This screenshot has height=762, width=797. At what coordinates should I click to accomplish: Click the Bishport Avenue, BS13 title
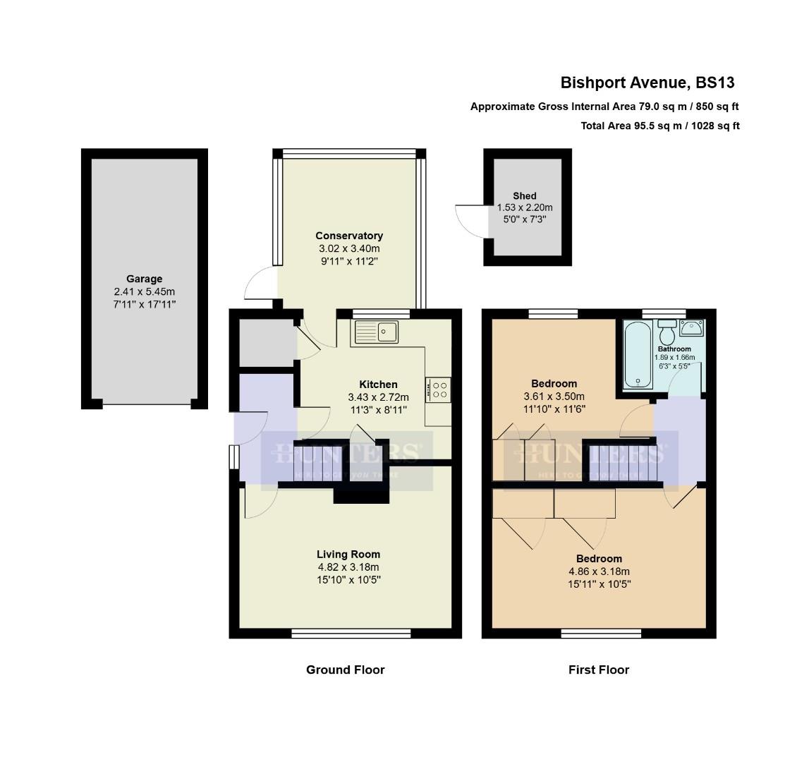[647, 83]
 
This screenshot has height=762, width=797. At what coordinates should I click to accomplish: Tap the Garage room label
[144, 279]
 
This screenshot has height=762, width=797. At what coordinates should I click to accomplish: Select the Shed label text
[525, 195]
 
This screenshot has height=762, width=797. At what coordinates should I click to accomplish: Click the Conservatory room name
[349, 236]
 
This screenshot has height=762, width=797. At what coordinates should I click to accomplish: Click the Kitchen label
[378, 385]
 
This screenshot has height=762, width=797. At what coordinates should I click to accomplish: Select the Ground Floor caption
[345, 670]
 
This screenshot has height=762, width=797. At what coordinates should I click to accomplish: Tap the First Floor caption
[598, 670]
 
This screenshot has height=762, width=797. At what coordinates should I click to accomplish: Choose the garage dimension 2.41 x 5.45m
[144, 291]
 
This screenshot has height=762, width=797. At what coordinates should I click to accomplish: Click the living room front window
[351, 634]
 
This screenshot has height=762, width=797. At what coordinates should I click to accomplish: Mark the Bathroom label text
[674, 349]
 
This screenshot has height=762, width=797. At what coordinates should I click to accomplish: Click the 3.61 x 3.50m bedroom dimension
[554, 397]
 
